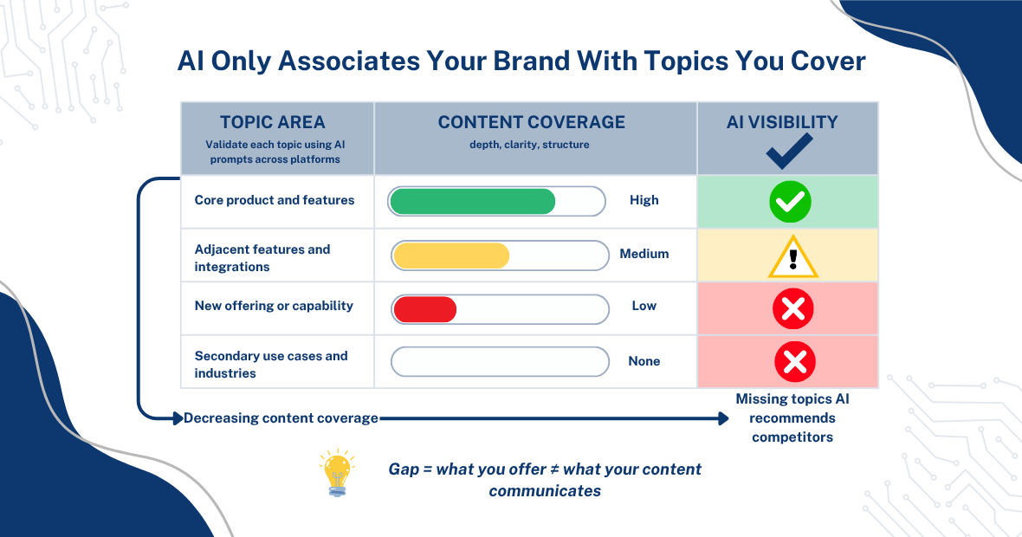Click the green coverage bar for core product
click(x=472, y=201)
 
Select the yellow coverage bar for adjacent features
click(x=450, y=256)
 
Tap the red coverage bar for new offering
click(x=424, y=309)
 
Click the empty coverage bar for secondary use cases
click(x=500, y=361)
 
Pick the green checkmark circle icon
click(x=790, y=202)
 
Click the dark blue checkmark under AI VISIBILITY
click(x=789, y=151)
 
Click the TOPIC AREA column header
click(x=273, y=122)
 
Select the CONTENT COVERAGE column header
click(x=531, y=122)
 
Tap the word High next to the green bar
click(x=644, y=200)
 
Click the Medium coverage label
click(x=644, y=254)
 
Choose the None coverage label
click(x=644, y=361)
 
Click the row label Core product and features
click(x=275, y=200)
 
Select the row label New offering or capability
click(x=274, y=306)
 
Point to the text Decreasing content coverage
click(x=281, y=418)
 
